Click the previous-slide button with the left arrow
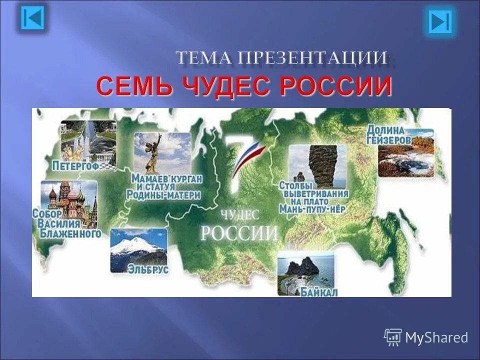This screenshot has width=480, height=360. [33, 19]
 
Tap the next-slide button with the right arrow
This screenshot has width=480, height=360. [440, 21]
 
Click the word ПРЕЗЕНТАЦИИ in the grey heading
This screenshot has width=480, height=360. [312, 58]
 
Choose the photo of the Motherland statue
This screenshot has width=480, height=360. [161, 152]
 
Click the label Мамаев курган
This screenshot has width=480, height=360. [166, 178]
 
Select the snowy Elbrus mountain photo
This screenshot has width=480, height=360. [138, 250]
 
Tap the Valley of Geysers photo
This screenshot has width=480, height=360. [405, 159]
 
